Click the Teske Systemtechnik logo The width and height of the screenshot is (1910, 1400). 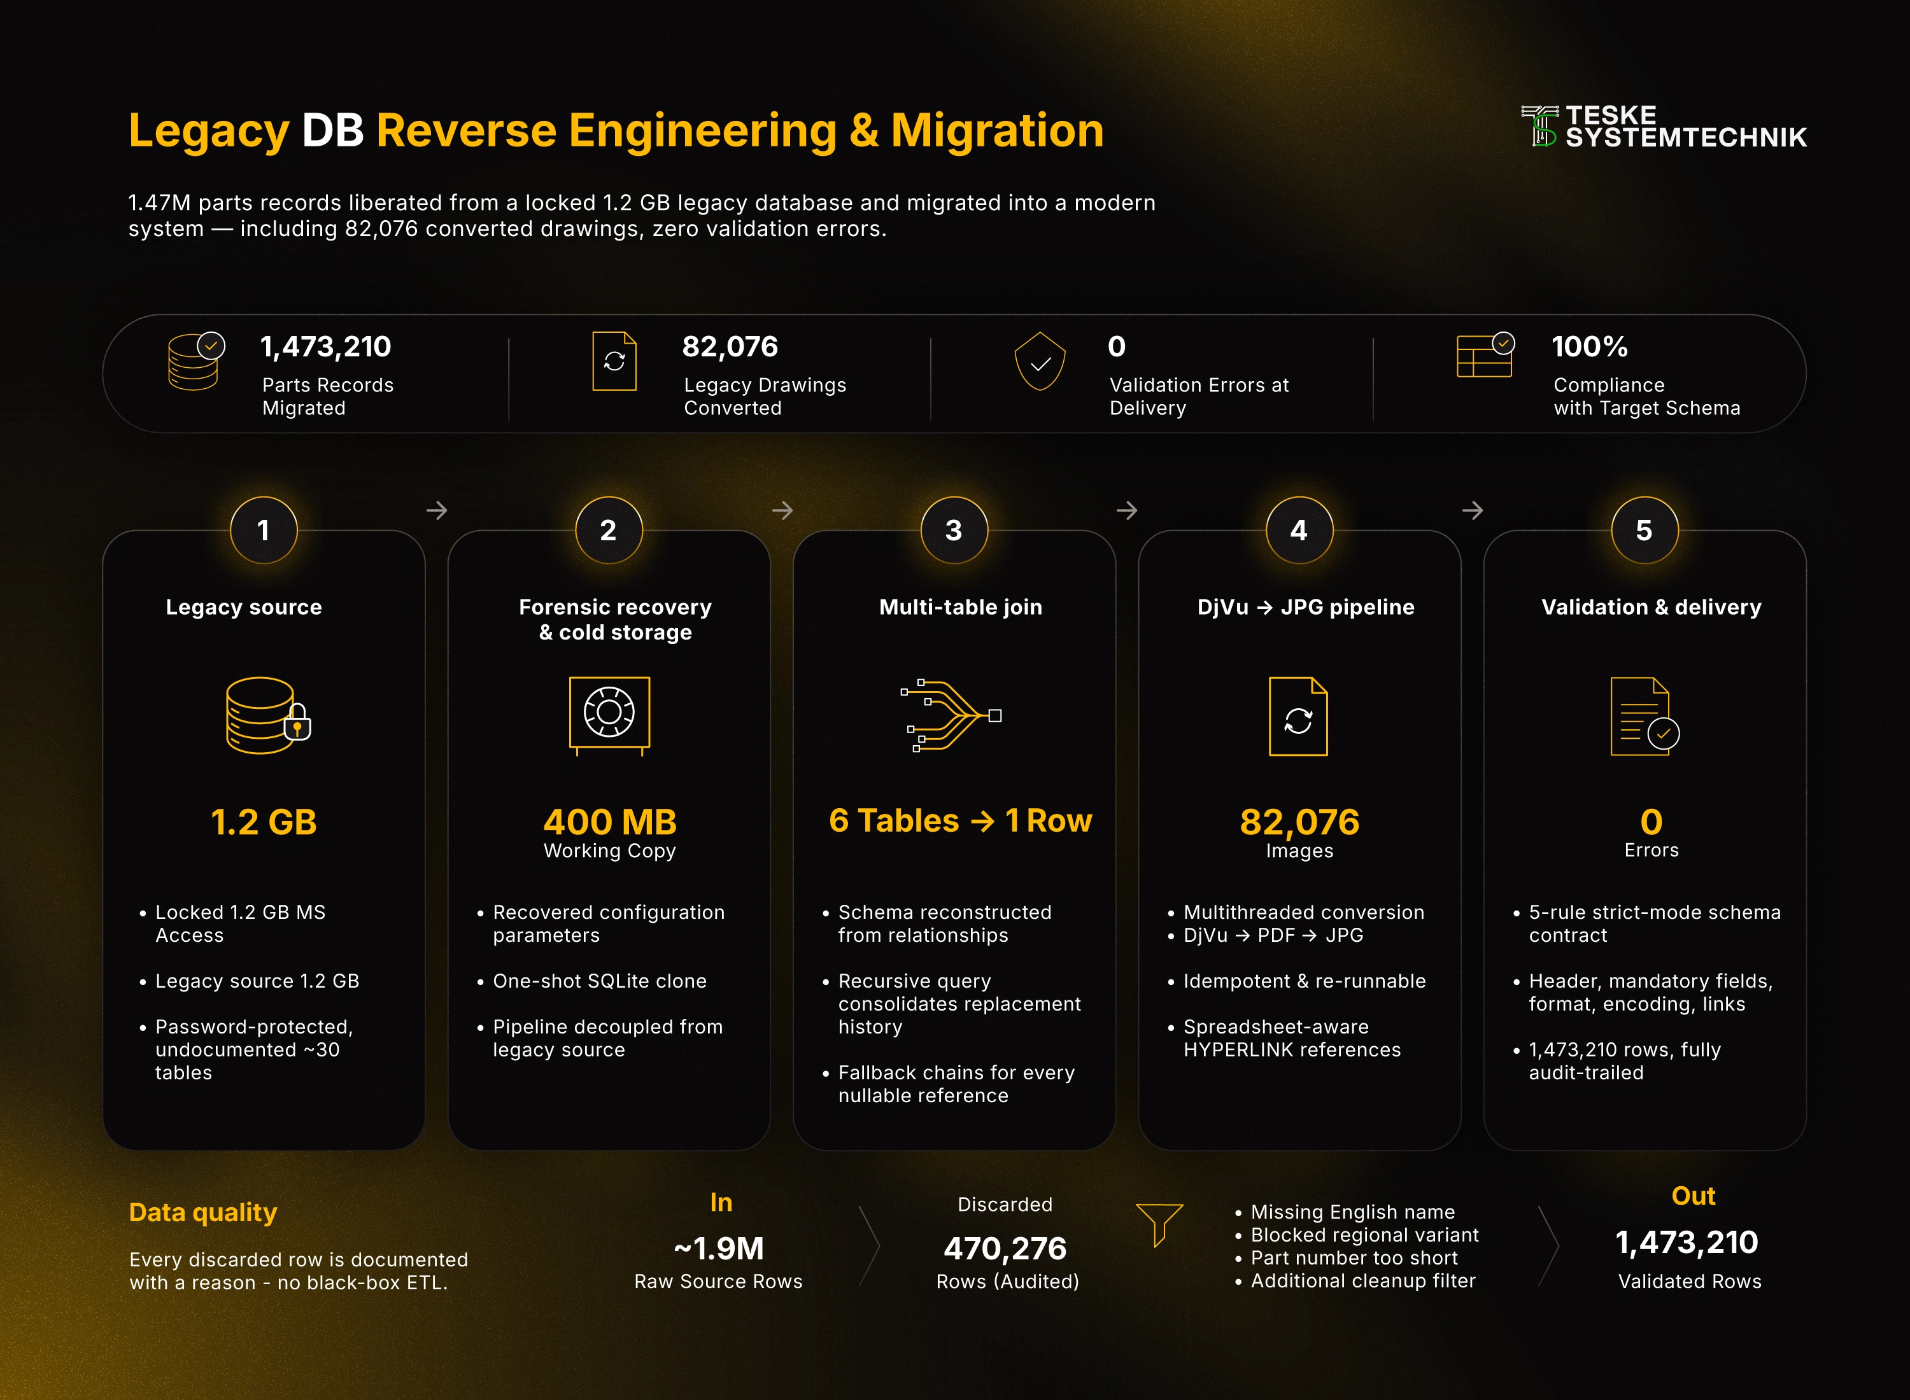coord(1664,126)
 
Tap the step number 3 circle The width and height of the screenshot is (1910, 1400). coord(954,531)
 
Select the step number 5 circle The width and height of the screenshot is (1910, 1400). coord(1644,531)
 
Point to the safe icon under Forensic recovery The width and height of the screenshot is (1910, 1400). coord(609,715)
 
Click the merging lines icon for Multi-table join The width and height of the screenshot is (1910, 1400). coord(951,715)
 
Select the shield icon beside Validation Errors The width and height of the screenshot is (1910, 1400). coord(1040,361)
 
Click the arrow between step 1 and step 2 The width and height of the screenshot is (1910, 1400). coord(437,510)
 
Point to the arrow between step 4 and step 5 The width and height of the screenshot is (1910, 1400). coord(1473,510)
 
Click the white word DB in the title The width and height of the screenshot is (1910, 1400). coord(333,130)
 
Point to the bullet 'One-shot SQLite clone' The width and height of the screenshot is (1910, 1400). coord(599,981)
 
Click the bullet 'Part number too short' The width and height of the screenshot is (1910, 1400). coord(1354,1257)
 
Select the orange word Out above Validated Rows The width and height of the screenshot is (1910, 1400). coord(1693,1196)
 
